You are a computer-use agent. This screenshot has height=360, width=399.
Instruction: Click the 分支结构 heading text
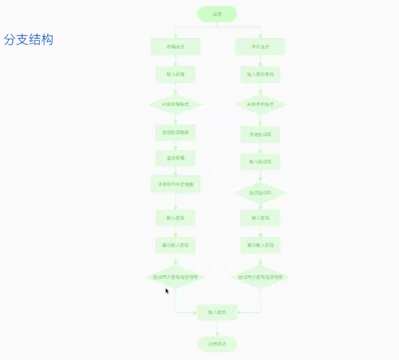click(29, 39)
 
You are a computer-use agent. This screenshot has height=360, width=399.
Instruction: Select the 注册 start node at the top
click(217, 14)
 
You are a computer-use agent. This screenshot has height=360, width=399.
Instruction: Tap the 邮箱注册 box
click(175, 47)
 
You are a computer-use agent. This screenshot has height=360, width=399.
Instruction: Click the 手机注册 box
click(260, 47)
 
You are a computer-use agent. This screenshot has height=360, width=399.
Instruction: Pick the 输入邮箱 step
click(175, 74)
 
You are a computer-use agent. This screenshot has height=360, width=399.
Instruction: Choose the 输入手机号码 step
click(260, 74)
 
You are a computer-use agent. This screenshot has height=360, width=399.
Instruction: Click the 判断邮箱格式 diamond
click(175, 104)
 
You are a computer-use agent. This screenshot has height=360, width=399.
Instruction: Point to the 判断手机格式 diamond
click(260, 104)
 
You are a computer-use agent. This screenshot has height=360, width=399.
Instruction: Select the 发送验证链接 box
click(175, 133)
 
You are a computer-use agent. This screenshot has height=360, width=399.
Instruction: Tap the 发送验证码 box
click(260, 134)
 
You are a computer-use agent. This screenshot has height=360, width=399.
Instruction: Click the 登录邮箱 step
click(175, 158)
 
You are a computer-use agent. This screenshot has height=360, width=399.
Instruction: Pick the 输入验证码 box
click(260, 162)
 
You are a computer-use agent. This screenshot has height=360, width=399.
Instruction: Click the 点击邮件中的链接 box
click(175, 184)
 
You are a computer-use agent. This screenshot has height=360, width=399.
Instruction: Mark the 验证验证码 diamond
click(260, 193)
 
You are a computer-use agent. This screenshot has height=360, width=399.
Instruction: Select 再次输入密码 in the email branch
click(175, 245)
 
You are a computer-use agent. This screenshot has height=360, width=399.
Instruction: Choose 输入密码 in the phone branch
click(260, 218)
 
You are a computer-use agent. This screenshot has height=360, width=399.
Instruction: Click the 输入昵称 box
click(217, 312)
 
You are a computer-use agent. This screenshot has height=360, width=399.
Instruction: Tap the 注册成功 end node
click(217, 344)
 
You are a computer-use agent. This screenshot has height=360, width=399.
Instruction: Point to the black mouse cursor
click(167, 291)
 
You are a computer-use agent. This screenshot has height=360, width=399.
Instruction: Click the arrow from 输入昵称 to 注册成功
click(217, 329)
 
